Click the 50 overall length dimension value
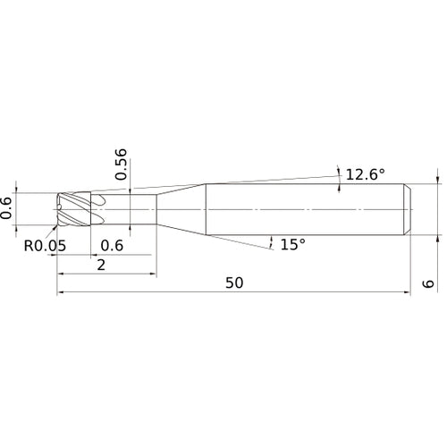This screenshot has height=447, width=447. (234, 283)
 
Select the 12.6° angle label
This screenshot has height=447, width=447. (366, 174)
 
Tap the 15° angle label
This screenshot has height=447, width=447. (293, 244)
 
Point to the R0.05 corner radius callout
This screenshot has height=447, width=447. (45, 246)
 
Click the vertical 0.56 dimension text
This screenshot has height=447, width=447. (122, 164)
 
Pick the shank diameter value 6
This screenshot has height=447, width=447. (428, 283)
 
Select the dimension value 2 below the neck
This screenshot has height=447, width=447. (101, 265)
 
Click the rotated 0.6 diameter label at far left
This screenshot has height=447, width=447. (6, 208)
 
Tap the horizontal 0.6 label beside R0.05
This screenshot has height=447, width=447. (112, 246)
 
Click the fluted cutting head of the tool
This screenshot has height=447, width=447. (73, 209)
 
